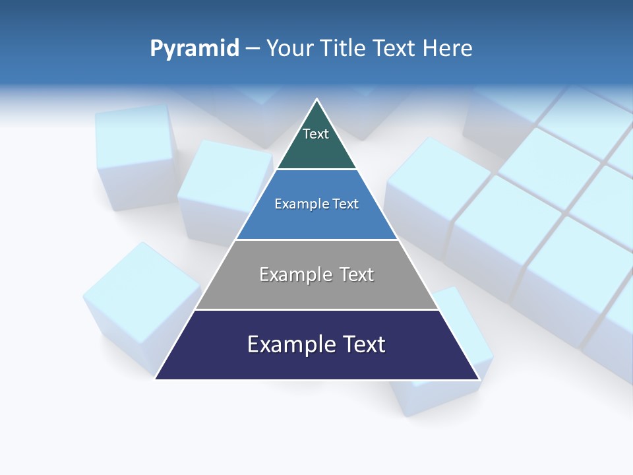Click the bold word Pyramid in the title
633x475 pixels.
195,49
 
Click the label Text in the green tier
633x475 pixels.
316,134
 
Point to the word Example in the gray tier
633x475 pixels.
295,274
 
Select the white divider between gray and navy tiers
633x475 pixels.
316,309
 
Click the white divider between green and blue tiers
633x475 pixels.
316,170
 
